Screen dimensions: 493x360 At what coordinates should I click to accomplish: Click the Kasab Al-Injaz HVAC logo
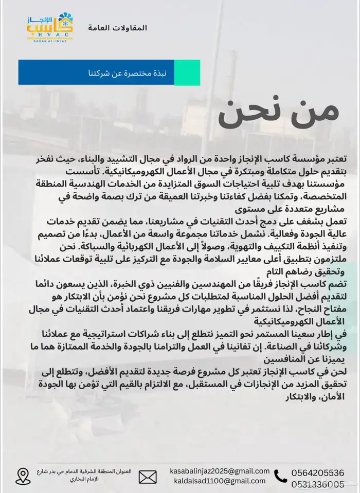coord(50,28)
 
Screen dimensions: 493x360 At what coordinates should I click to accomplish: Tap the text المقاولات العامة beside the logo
coord(117,27)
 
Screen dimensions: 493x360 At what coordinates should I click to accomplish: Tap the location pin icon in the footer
coord(23,476)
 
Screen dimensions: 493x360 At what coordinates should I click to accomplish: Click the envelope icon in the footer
coord(148,477)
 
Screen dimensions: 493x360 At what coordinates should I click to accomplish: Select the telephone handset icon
coord(281,477)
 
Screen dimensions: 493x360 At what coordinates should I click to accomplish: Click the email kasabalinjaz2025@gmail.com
coord(220,471)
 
